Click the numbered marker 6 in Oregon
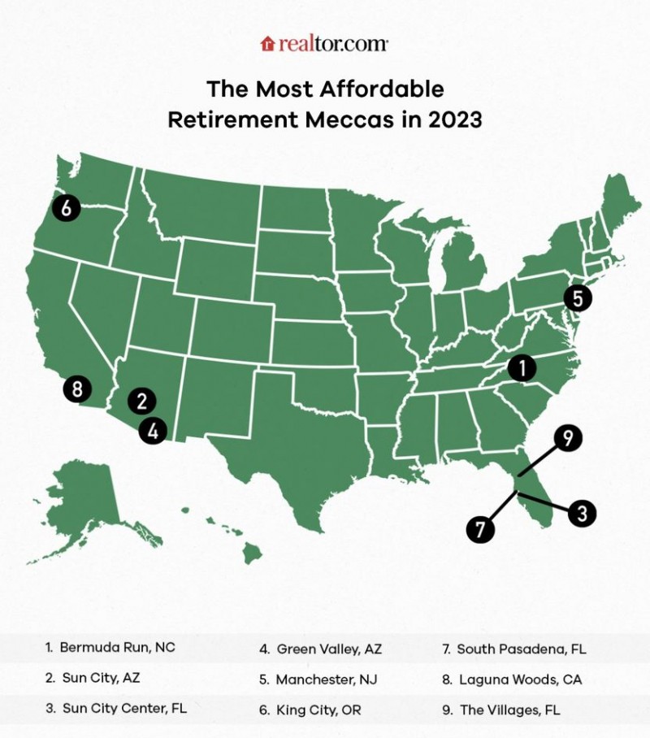pos(67,209)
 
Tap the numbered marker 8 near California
pos(77,389)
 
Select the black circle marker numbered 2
pos(141,400)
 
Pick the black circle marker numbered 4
pos(152,430)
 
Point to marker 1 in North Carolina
pos(522,368)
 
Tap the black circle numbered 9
pos(568,440)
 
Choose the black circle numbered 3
pos(582,513)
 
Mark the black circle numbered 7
pos(480,529)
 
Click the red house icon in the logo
pos(267,44)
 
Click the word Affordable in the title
pos(380,88)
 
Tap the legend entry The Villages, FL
pos(510,709)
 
